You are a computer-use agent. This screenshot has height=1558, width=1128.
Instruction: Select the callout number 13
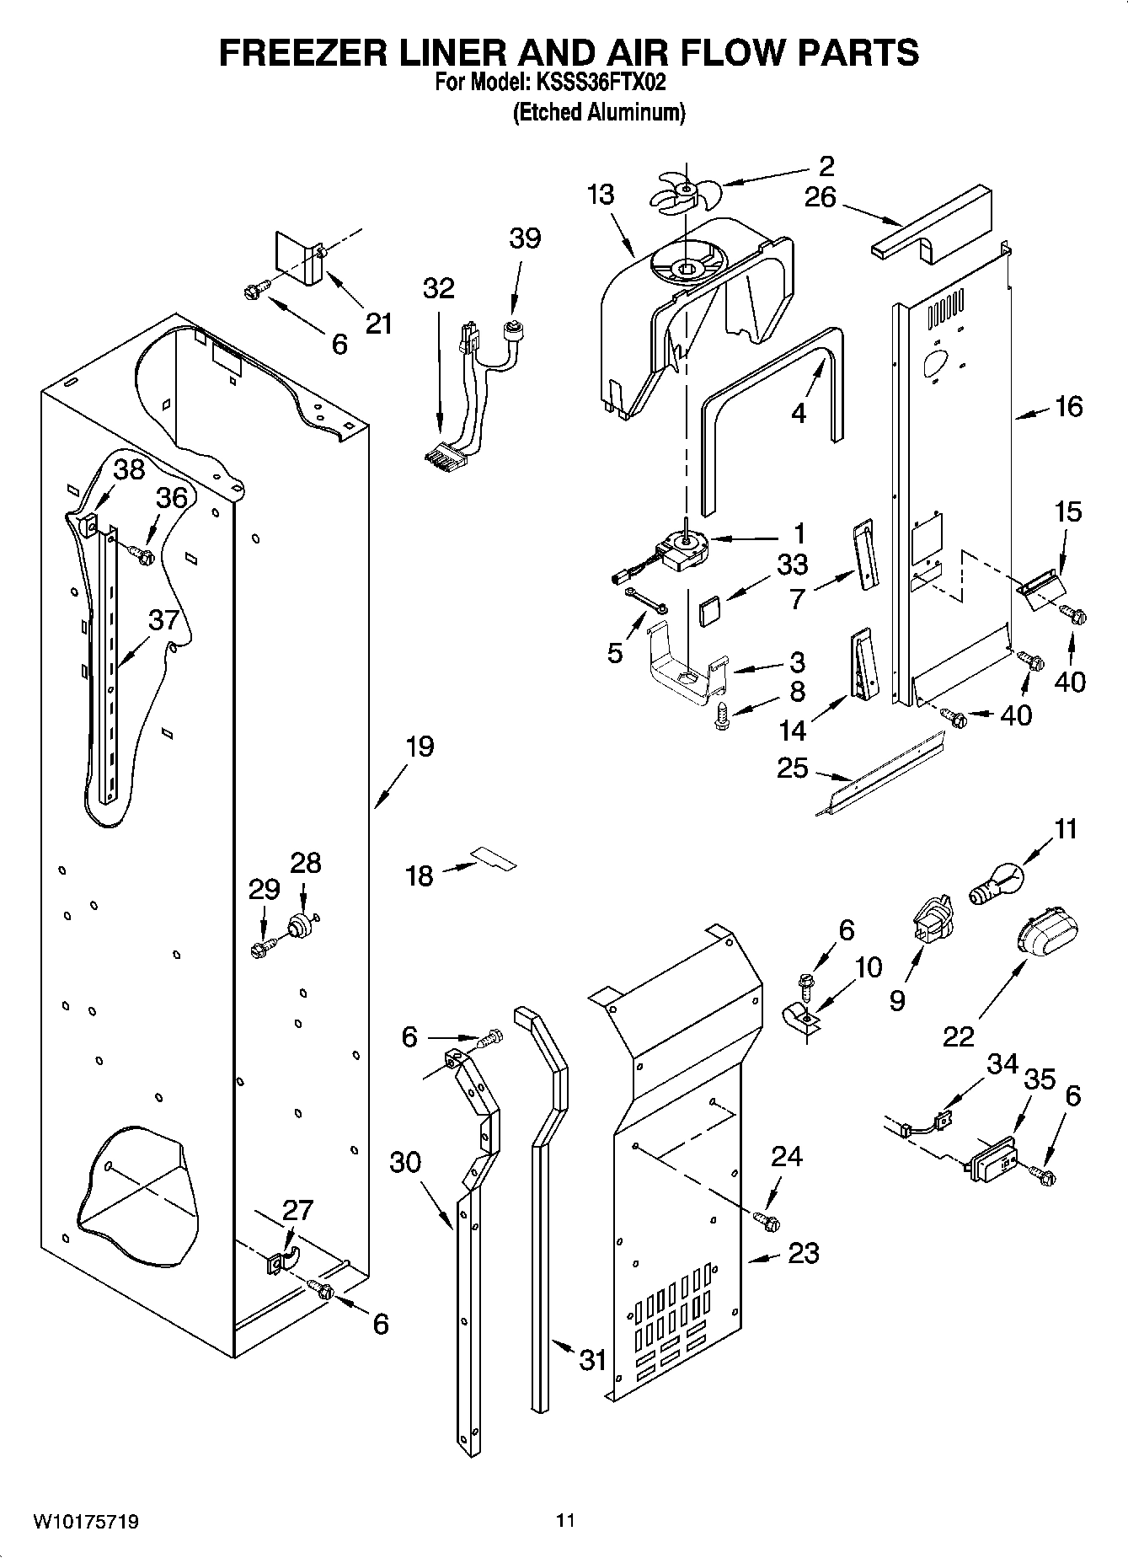pyautogui.click(x=601, y=195)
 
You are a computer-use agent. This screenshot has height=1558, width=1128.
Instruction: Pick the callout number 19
pyautogui.click(x=419, y=746)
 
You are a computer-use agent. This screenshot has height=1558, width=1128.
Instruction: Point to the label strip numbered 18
pyautogui.click(x=494, y=859)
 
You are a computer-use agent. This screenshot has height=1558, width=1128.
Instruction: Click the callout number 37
pyautogui.click(x=164, y=619)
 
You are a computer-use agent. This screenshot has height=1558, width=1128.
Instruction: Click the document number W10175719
pyautogui.click(x=86, y=1522)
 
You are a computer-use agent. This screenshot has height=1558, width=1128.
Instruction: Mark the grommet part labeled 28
pyautogui.click(x=300, y=926)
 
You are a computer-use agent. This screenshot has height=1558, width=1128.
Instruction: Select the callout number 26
pyautogui.click(x=820, y=197)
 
